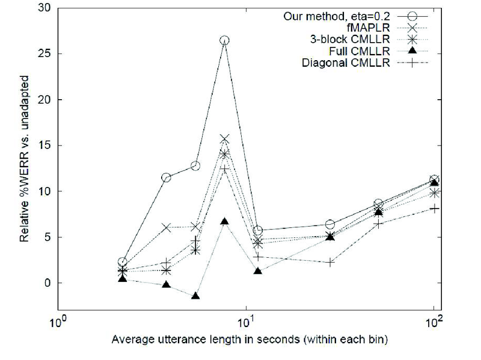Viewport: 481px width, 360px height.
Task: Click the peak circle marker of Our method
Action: (224, 40)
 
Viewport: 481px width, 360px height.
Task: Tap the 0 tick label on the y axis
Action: (47, 283)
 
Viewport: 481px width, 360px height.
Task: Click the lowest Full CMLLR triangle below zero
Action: (195, 296)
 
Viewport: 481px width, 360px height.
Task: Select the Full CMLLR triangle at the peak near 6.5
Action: (224, 222)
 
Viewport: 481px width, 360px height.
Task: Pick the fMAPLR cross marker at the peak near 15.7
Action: (224, 139)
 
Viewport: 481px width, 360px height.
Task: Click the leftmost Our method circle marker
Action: (122, 262)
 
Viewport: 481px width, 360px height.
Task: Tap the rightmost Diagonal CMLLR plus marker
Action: (434, 209)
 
